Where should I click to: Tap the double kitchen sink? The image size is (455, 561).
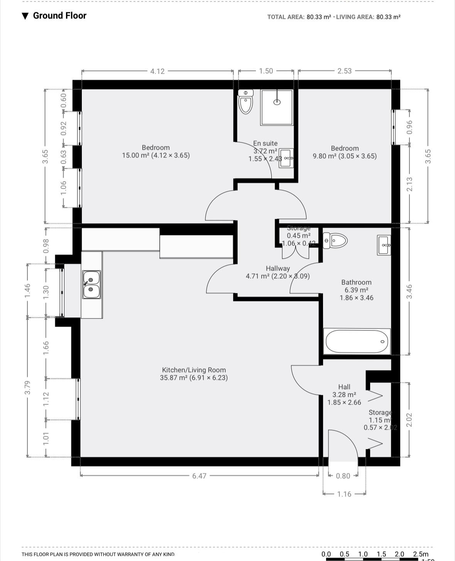click(x=91, y=284)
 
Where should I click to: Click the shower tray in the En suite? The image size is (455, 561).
click(x=277, y=107)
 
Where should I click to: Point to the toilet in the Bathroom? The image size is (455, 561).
click(x=335, y=241)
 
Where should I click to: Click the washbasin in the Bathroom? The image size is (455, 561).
click(x=384, y=245)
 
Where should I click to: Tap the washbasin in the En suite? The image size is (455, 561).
click(x=286, y=158)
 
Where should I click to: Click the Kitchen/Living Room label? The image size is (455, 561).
click(x=194, y=370)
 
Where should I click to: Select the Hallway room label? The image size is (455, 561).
click(x=277, y=268)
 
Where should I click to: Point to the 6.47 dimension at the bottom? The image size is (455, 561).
click(x=199, y=476)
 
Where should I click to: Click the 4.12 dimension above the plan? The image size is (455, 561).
click(x=157, y=71)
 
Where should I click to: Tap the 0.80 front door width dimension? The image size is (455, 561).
click(x=343, y=476)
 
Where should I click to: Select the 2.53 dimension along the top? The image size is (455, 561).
click(x=344, y=71)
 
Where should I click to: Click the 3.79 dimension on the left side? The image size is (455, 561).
click(x=27, y=387)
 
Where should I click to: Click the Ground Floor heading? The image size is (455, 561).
click(x=59, y=15)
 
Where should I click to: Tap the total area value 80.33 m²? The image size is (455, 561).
click(x=318, y=17)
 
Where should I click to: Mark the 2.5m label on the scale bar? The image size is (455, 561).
click(x=420, y=554)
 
